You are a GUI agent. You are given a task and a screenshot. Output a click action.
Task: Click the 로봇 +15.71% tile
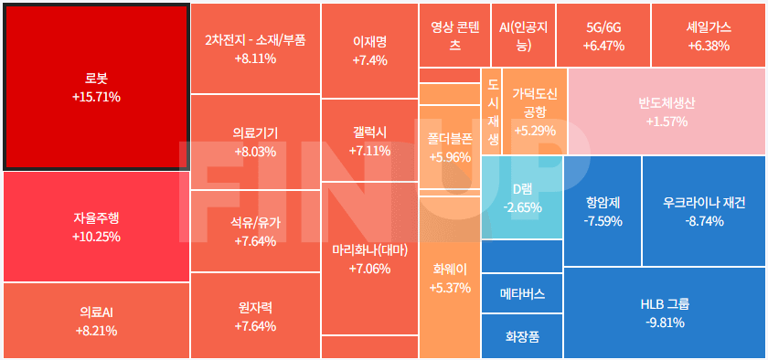coord(96,86)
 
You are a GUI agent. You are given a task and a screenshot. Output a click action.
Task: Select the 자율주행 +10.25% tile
coord(96,227)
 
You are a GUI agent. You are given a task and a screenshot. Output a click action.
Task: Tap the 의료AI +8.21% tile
coord(96,321)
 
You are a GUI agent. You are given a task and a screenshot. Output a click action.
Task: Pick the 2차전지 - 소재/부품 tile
coord(255,48)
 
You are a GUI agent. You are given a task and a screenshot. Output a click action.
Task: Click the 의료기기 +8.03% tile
coord(255,142)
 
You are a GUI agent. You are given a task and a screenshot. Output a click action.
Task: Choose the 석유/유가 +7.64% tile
coord(255,231)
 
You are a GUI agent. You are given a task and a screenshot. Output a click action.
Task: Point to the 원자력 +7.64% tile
coord(255,316)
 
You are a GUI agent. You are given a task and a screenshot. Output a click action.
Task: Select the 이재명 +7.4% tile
coord(369,50)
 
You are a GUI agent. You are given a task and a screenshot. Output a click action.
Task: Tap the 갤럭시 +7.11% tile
coord(369,141)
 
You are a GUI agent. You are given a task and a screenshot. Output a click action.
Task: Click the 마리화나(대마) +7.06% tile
coord(369,259)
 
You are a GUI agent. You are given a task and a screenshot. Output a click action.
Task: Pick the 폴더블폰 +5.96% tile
coord(449,147)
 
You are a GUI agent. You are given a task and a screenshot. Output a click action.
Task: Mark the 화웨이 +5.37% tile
coord(449,278)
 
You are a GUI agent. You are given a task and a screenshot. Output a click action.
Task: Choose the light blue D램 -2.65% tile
coord(522,197)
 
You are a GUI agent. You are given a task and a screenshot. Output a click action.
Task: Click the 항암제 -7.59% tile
coord(603,211)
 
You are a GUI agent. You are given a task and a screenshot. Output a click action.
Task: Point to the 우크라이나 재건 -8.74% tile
coord(703,211)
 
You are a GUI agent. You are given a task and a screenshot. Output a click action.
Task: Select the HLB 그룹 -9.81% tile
coord(665,312)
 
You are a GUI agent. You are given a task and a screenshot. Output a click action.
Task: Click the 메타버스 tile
coord(522,294)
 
